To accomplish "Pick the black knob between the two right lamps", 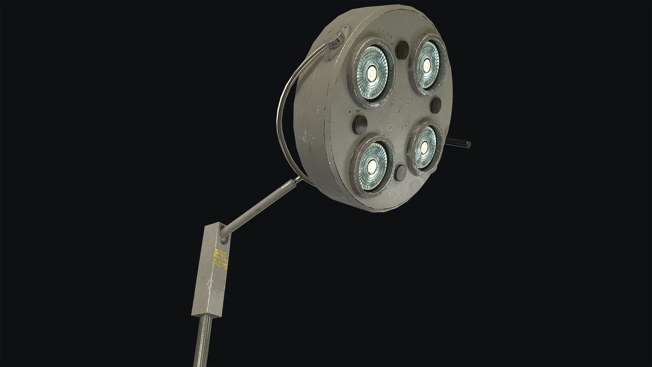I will point(436,106).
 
